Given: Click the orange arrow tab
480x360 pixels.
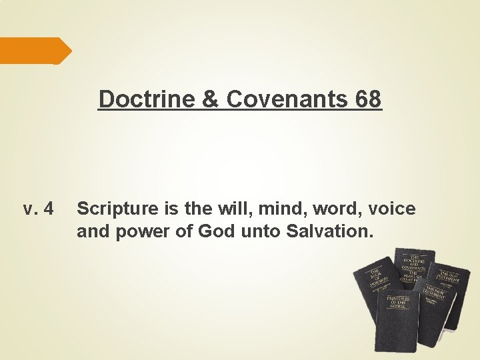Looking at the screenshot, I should point(33,51).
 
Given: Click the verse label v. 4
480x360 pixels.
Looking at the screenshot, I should point(38,209).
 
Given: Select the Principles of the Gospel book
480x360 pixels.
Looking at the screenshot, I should point(398,320).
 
